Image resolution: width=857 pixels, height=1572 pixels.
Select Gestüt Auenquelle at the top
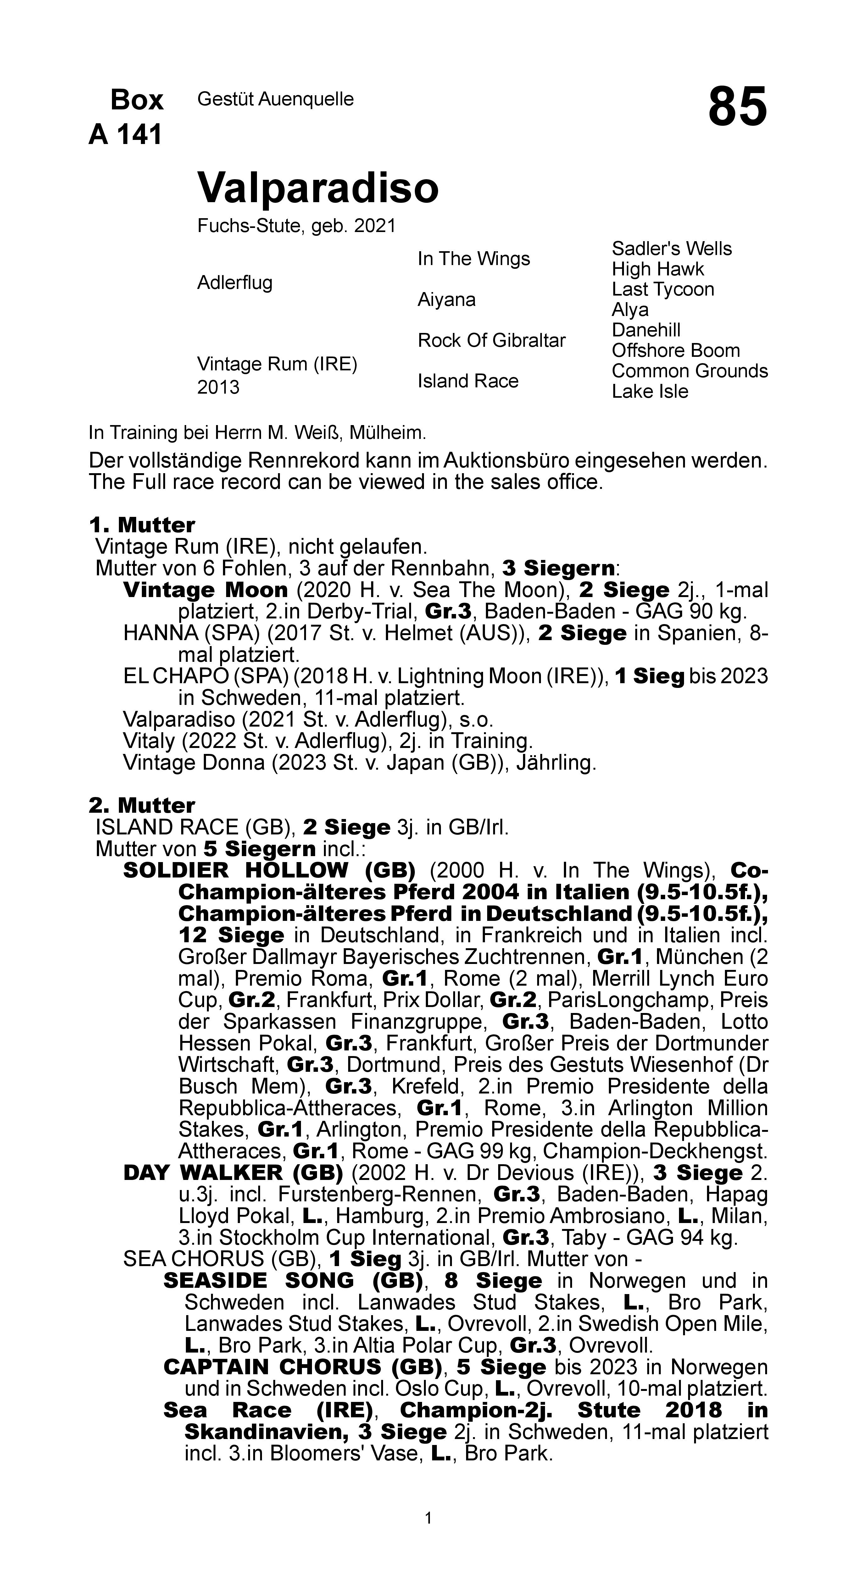(x=275, y=99)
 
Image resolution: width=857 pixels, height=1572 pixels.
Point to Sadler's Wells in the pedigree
(x=671, y=248)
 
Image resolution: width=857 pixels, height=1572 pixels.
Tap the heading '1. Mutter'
(x=142, y=525)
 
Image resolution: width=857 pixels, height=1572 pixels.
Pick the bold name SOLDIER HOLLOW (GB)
(x=269, y=870)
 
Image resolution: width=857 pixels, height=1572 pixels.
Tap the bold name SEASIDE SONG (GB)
(x=293, y=1280)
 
